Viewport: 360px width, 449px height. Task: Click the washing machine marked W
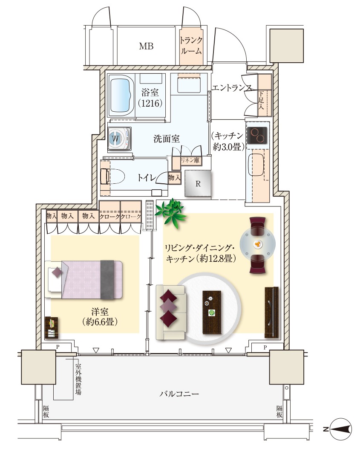120,139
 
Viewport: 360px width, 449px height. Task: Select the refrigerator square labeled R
198,183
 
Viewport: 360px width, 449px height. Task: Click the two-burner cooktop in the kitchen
257,135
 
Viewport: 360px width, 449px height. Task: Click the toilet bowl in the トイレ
112,176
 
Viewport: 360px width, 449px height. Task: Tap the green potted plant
170,213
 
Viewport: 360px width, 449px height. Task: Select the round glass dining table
258,244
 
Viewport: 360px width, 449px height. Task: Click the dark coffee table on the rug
212,312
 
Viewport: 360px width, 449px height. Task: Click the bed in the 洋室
84,279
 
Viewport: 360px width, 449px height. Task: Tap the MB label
146,46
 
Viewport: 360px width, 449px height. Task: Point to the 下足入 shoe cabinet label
261,101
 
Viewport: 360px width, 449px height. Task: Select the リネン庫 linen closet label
190,160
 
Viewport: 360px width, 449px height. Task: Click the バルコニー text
179,394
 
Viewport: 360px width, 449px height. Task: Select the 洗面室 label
167,139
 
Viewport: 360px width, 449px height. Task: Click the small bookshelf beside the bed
52,327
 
